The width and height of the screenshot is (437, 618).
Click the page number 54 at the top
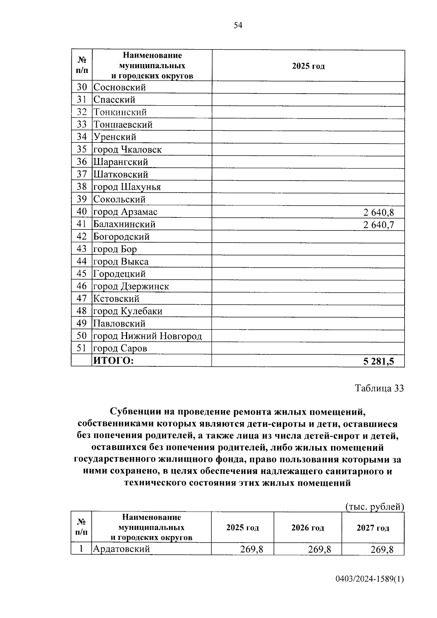click(x=237, y=25)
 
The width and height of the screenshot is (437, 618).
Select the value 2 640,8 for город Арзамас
click(x=378, y=212)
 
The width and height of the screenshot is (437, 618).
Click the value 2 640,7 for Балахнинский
click(x=378, y=225)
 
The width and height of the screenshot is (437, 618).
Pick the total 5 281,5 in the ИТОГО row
click(x=378, y=361)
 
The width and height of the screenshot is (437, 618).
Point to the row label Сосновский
click(x=120, y=87)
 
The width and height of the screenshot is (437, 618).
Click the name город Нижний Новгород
click(x=147, y=336)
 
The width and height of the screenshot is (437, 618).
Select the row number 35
click(x=82, y=149)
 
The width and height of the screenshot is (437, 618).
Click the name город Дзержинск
click(x=131, y=287)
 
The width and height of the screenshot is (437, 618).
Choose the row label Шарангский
click(x=121, y=162)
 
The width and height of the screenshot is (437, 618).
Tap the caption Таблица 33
click(x=379, y=388)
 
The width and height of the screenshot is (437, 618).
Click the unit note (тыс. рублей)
click(x=374, y=507)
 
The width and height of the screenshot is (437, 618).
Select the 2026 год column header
click(x=307, y=528)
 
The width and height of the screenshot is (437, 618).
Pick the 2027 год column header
click(x=373, y=528)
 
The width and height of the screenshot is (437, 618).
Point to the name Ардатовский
click(x=122, y=549)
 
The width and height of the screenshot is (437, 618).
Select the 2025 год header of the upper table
click(x=308, y=66)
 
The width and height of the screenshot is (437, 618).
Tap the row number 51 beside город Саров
click(x=82, y=349)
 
